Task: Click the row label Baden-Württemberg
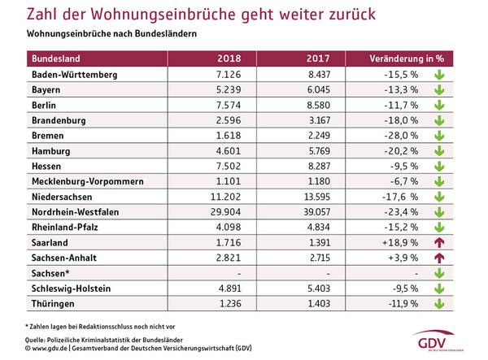pos(75,75)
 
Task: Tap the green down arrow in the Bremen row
pos(438,135)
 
